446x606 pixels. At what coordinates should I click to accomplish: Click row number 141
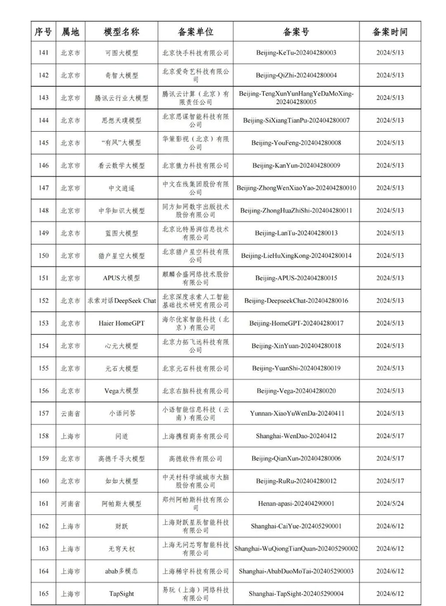[43, 53]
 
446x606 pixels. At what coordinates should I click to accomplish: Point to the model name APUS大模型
[121, 278]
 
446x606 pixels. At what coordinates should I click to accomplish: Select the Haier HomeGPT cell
[121, 323]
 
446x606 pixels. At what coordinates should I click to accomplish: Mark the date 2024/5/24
[389, 504]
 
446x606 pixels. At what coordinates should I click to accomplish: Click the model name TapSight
[121, 594]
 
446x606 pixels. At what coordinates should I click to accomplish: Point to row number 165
[43, 594]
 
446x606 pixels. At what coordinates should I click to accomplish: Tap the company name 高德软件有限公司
[196, 458]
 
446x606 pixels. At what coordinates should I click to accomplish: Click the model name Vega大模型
[121, 391]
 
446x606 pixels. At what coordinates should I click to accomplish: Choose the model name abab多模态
[121, 571]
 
